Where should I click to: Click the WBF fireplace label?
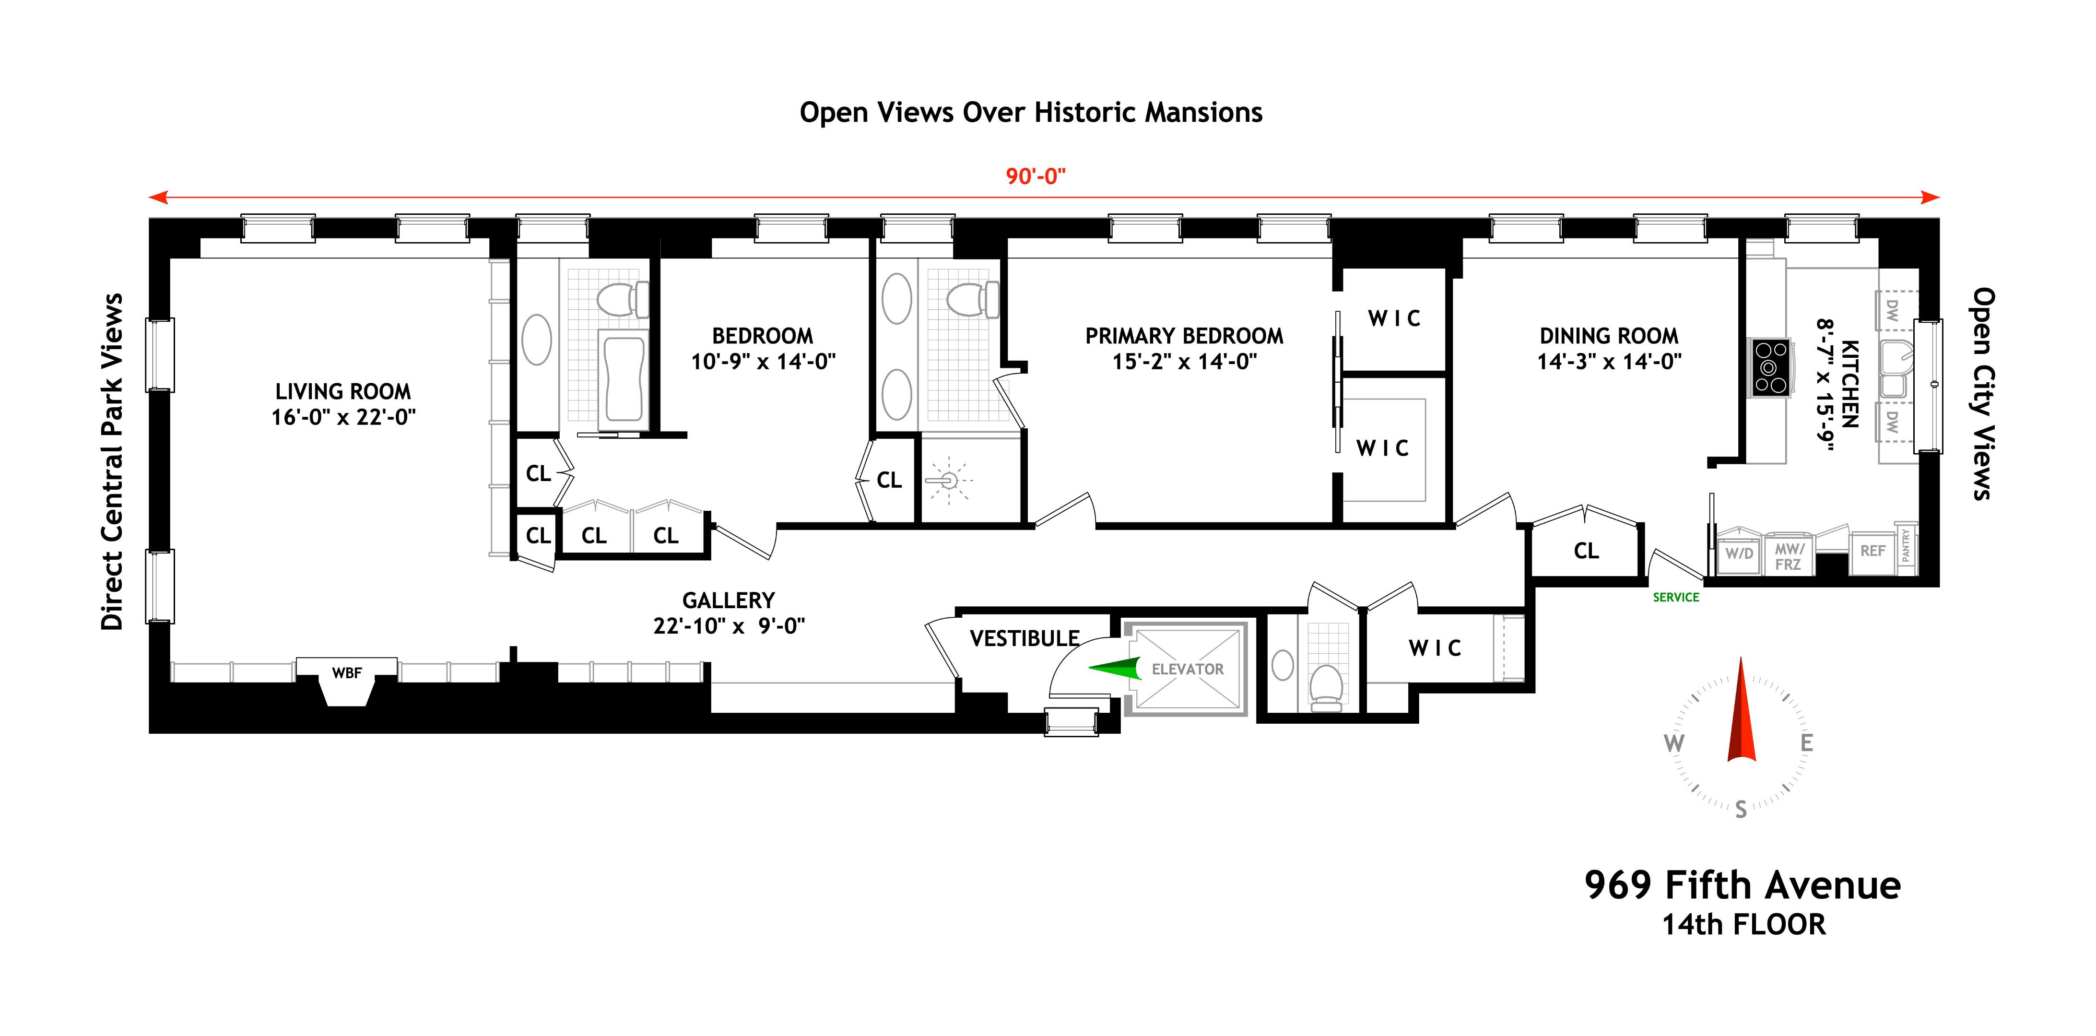(347, 673)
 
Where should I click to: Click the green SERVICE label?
(1676, 597)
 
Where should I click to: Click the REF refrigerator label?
(1872, 551)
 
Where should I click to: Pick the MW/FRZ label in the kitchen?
(1789, 557)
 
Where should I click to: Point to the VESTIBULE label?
(1024, 639)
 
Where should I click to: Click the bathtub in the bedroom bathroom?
(623, 378)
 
